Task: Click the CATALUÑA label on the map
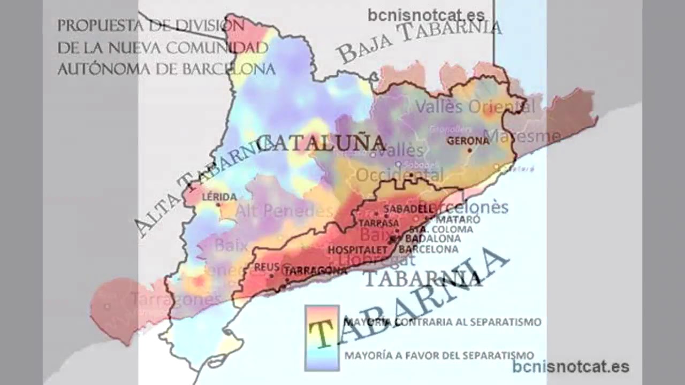(321, 143)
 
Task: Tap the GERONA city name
(468, 141)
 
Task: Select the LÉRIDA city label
(219, 197)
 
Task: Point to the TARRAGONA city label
(316, 271)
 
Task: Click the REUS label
(267, 267)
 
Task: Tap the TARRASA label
(379, 222)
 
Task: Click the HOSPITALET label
(357, 250)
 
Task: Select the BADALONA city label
(433, 238)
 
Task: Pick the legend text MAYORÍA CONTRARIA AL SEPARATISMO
(442, 322)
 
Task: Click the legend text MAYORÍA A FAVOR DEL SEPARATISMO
(439, 355)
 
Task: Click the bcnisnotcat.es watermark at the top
(426, 15)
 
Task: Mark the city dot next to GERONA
(469, 150)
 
